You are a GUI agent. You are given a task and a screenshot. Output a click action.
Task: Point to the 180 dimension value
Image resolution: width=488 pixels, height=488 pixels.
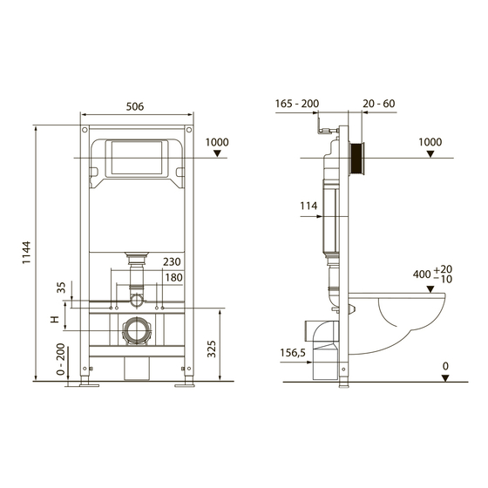tap(173, 278)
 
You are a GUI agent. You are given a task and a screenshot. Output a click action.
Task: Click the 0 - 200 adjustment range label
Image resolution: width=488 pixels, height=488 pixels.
tap(59, 360)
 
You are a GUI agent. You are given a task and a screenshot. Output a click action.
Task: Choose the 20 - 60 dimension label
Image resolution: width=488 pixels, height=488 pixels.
tap(378, 104)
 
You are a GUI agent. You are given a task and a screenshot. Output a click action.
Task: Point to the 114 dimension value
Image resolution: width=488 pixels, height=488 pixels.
tap(307, 206)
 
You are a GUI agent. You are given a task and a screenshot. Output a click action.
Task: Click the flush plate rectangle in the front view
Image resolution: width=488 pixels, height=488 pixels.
tap(134, 157)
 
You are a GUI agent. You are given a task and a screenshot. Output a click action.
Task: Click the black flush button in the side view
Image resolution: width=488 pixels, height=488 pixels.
tap(356, 157)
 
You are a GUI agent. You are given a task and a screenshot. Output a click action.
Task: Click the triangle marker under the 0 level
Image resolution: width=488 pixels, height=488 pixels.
tap(444, 377)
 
